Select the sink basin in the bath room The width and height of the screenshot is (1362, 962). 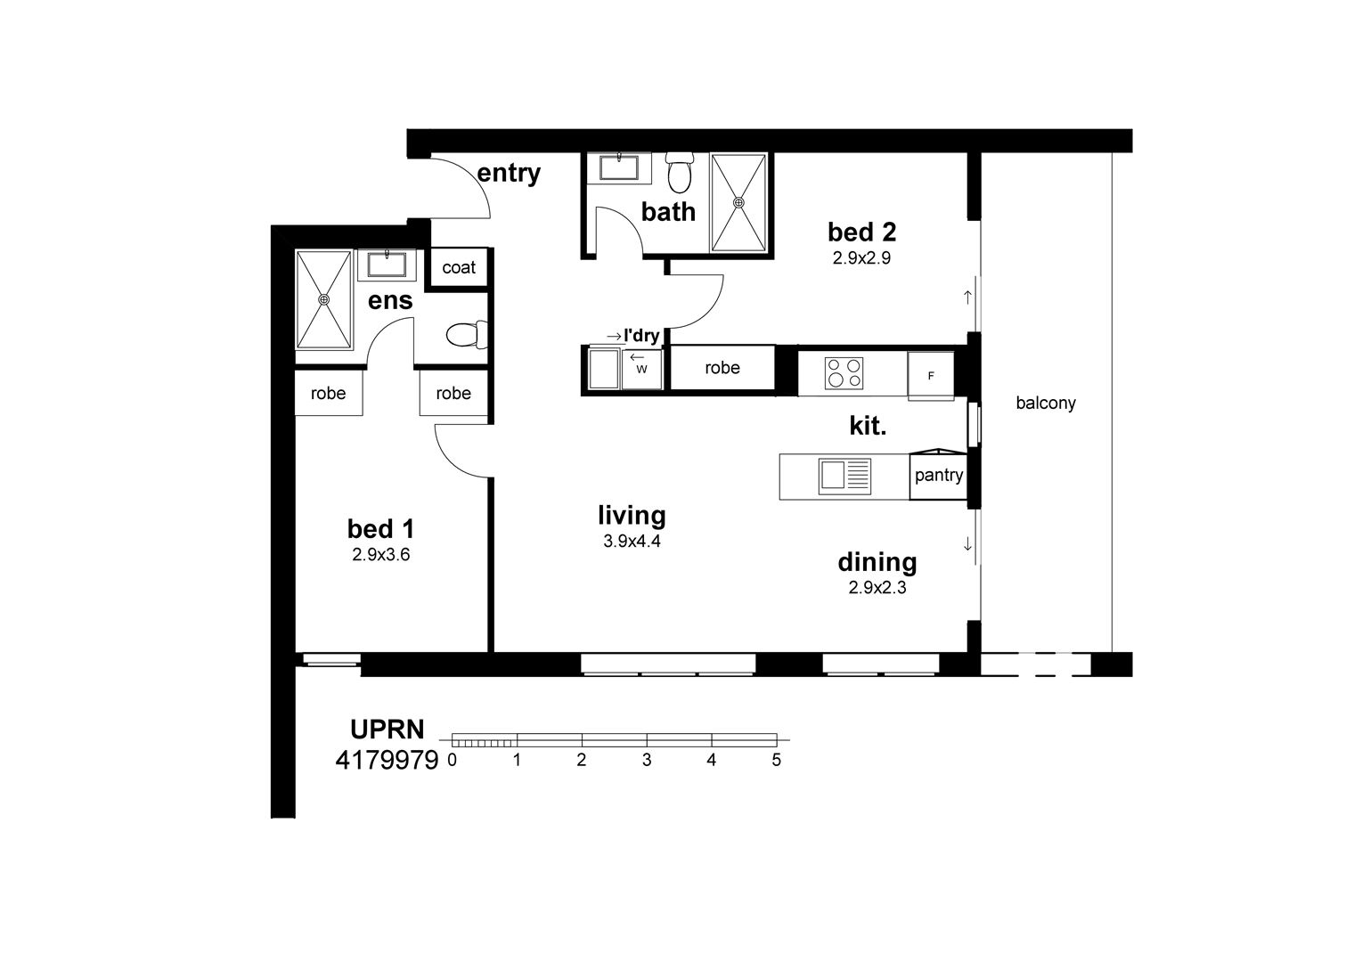[619, 167]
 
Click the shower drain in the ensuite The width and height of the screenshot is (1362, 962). [323, 299]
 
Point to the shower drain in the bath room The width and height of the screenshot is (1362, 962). [738, 202]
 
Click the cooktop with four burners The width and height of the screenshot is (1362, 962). [844, 373]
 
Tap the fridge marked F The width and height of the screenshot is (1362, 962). [931, 376]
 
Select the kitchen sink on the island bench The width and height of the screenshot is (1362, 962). [844, 477]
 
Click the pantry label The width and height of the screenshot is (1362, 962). [939, 476]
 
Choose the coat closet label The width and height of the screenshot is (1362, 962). [459, 267]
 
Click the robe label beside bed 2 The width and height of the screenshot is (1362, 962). [722, 368]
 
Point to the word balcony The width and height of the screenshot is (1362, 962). [1046, 404]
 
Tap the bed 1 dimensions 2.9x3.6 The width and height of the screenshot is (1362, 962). [381, 555]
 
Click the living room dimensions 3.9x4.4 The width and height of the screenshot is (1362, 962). [632, 541]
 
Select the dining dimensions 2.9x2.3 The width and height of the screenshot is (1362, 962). [877, 587]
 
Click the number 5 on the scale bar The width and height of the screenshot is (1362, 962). [777, 760]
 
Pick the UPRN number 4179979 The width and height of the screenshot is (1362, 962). [387, 760]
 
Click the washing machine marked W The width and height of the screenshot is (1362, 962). [641, 369]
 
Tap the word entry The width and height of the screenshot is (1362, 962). [509, 174]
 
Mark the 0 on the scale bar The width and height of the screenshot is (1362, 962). [452, 760]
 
